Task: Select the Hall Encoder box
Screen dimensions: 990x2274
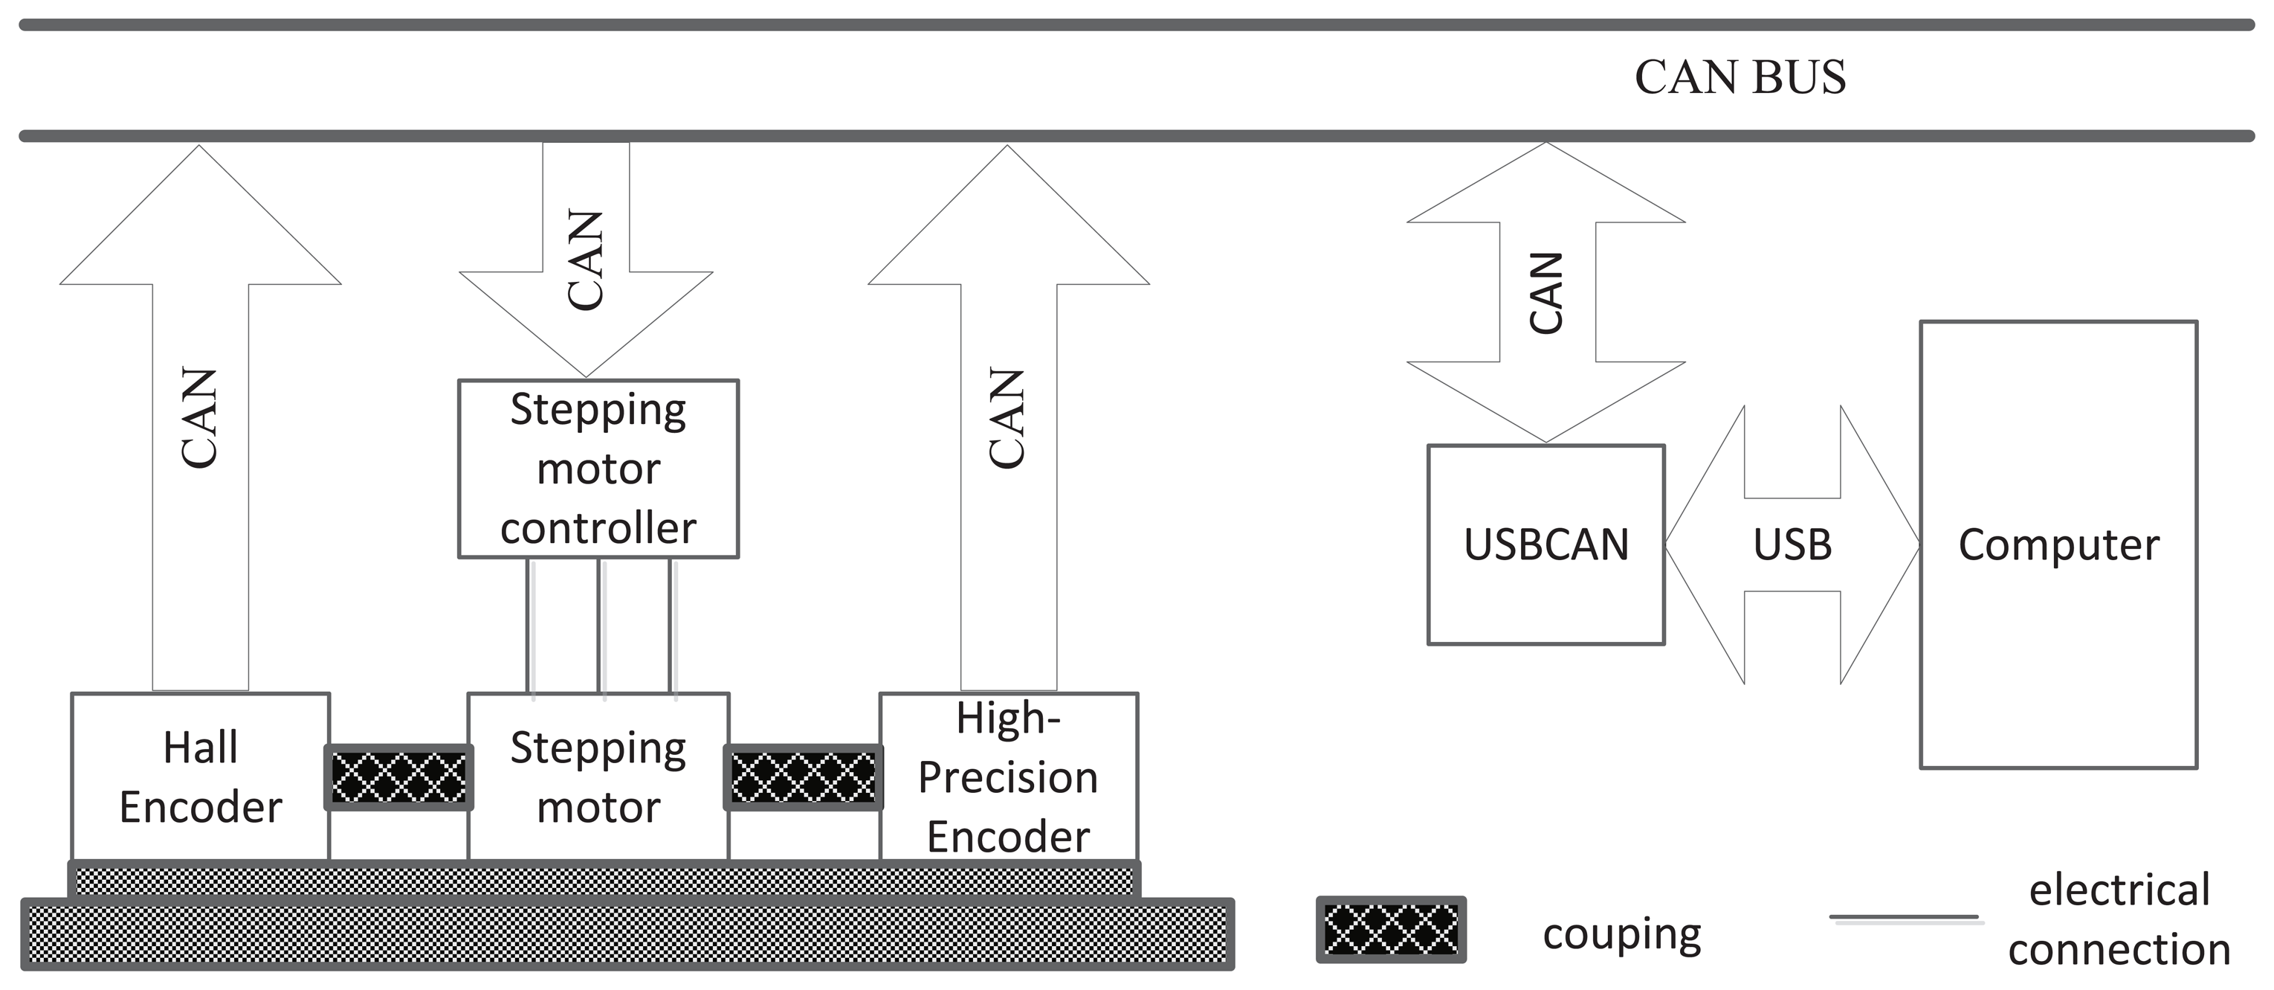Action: pos(201,777)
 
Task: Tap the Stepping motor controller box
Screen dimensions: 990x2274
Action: pos(598,469)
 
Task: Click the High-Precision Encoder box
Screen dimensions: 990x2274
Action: pos(1008,777)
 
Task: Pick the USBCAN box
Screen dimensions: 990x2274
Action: pos(1545,544)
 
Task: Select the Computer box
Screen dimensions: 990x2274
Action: pos(2058,544)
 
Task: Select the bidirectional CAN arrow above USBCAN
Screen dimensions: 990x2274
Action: pos(1545,292)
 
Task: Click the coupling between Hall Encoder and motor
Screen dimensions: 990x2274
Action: pos(399,777)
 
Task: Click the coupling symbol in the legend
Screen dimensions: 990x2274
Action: pos(1390,929)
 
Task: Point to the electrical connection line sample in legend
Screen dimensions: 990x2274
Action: pos(1905,919)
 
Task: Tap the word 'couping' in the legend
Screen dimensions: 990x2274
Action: pos(1621,933)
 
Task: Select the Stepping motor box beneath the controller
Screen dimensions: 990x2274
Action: pos(598,777)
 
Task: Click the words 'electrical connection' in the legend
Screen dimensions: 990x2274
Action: pos(2119,919)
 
